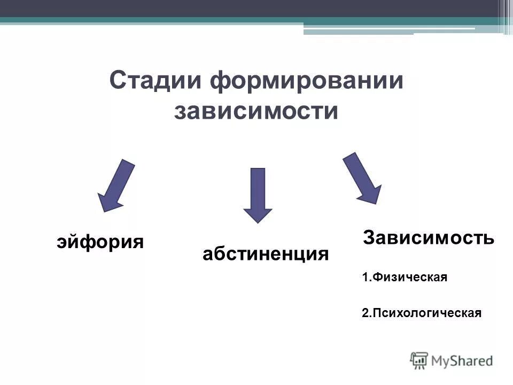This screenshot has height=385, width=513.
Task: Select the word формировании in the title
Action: tap(306, 81)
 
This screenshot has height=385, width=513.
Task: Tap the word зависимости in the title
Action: tap(256, 111)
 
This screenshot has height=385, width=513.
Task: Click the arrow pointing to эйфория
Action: tap(116, 185)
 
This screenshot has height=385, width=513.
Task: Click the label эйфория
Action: tap(100, 242)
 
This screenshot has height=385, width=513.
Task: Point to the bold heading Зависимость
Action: tap(429, 237)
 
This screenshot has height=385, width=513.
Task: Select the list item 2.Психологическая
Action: tap(422, 313)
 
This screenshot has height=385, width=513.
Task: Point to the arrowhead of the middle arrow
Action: tap(258, 214)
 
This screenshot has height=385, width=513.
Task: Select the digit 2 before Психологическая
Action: tap(365, 313)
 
